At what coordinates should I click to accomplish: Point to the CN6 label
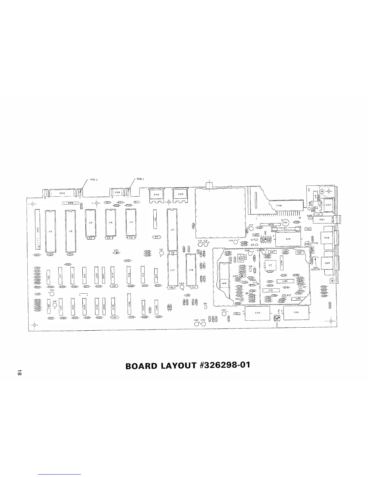click(279, 206)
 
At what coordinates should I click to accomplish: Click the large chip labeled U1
click(50, 231)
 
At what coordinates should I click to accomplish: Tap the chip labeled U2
click(70, 231)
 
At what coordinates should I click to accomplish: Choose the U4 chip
click(110, 223)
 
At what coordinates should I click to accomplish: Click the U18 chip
click(191, 270)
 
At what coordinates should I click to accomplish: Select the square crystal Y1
click(270, 265)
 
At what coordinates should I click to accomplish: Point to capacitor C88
click(258, 313)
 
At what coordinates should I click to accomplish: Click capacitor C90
click(296, 313)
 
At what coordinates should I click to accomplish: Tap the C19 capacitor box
click(288, 239)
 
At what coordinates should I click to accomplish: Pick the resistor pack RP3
click(70, 203)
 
